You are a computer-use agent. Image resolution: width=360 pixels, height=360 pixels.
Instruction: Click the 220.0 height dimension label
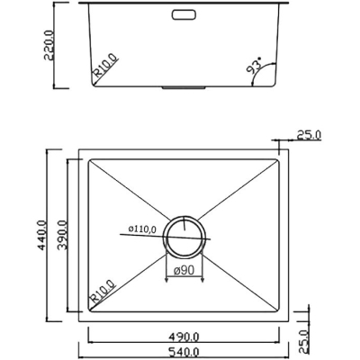49,45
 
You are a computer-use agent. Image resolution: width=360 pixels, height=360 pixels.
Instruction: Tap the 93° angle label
254,67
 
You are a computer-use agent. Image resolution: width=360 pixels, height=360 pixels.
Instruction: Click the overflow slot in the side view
184,14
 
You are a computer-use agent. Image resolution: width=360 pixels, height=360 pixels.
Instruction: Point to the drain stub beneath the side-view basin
184,87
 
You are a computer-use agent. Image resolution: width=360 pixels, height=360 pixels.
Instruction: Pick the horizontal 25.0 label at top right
309,135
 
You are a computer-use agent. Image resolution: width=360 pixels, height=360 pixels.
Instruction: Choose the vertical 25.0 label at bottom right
304,342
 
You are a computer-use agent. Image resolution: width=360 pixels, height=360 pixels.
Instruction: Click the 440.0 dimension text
41,235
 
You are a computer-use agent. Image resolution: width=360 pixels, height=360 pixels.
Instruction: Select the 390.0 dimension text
62,235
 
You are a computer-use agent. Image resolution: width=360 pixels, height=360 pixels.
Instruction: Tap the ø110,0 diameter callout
142,229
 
